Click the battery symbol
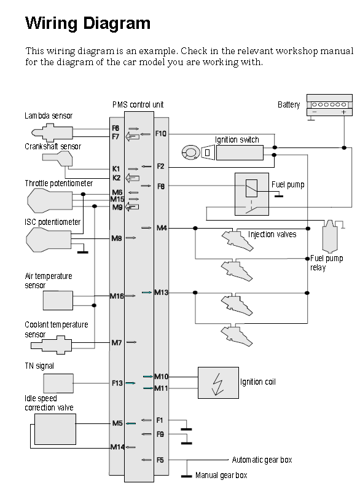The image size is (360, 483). point(329,105)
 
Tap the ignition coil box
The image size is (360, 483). point(218,383)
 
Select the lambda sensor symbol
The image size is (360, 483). point(52,133)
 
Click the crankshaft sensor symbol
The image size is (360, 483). point(58,159)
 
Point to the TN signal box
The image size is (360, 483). point(58,383)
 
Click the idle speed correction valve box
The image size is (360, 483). point(55,429)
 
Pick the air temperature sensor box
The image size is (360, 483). point(58,300)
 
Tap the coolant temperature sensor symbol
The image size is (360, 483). point(51,345)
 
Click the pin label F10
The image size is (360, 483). point(161,133)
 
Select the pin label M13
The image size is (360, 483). point(162,293)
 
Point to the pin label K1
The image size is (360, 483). point(115,169)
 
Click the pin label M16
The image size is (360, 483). point(117,296)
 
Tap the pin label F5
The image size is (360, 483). point(160,460)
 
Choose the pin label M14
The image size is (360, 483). point(117,447)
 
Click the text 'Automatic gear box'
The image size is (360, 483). point(262,460)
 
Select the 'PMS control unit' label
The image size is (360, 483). point(138,104)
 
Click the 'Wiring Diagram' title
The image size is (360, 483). point(88,23)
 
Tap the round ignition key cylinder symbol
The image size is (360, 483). point(190,152)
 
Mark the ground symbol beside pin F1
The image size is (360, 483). point(186,429)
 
